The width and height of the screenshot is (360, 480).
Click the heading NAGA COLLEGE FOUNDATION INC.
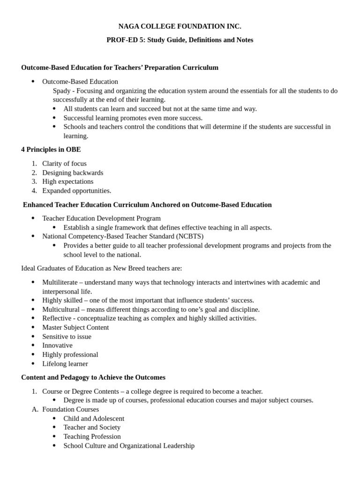coord(180,26)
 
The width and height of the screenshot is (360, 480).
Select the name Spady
coord(63,90)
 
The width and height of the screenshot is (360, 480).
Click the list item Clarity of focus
coord(64,164)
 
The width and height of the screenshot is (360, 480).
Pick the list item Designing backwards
coord(73,172)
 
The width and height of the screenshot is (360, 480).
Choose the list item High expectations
coord(67,181)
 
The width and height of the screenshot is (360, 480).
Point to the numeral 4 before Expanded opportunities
coord(34,191)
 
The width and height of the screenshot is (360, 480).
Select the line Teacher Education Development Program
coord(101,218)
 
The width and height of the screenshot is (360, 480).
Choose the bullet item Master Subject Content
coord(75,327)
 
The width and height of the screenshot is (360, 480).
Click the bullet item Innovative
coord(57,345)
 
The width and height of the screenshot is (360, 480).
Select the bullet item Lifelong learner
coord(65,364)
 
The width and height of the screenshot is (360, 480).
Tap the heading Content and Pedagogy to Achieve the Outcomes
coord(93,377)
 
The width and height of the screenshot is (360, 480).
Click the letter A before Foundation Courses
coord(34,409)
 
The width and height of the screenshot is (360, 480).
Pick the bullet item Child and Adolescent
coord(94,419)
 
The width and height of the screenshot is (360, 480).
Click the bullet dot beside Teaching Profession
coord(54,436)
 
